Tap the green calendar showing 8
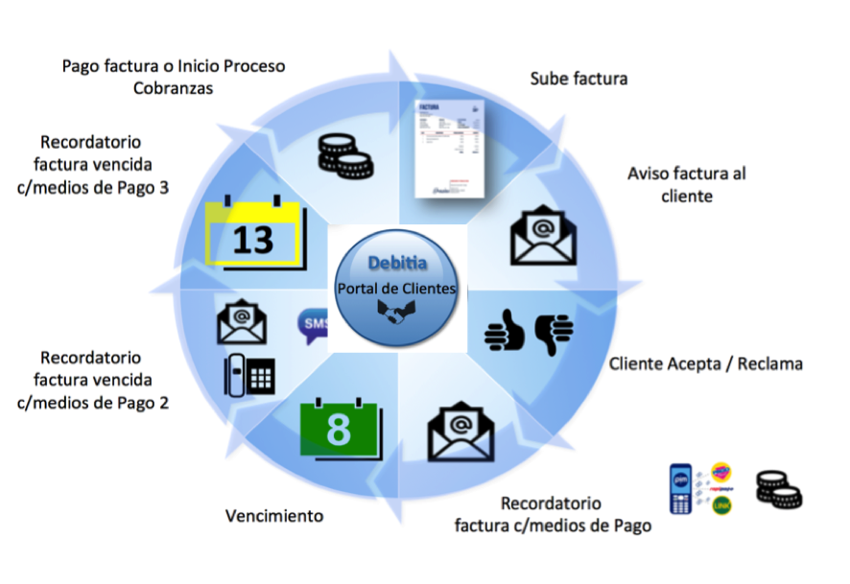click(x=340, y=429)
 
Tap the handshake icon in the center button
click(x=396, y=312)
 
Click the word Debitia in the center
click(x=398, y=263)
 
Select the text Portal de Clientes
click(x=397, y=288)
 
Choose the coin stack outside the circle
click(x=778, y=489)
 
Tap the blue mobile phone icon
click(x=680, y=489)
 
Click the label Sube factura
click(x=578, y=79)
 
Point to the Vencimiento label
click(x=274, y=516)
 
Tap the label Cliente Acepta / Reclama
click(x=705, y=364)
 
